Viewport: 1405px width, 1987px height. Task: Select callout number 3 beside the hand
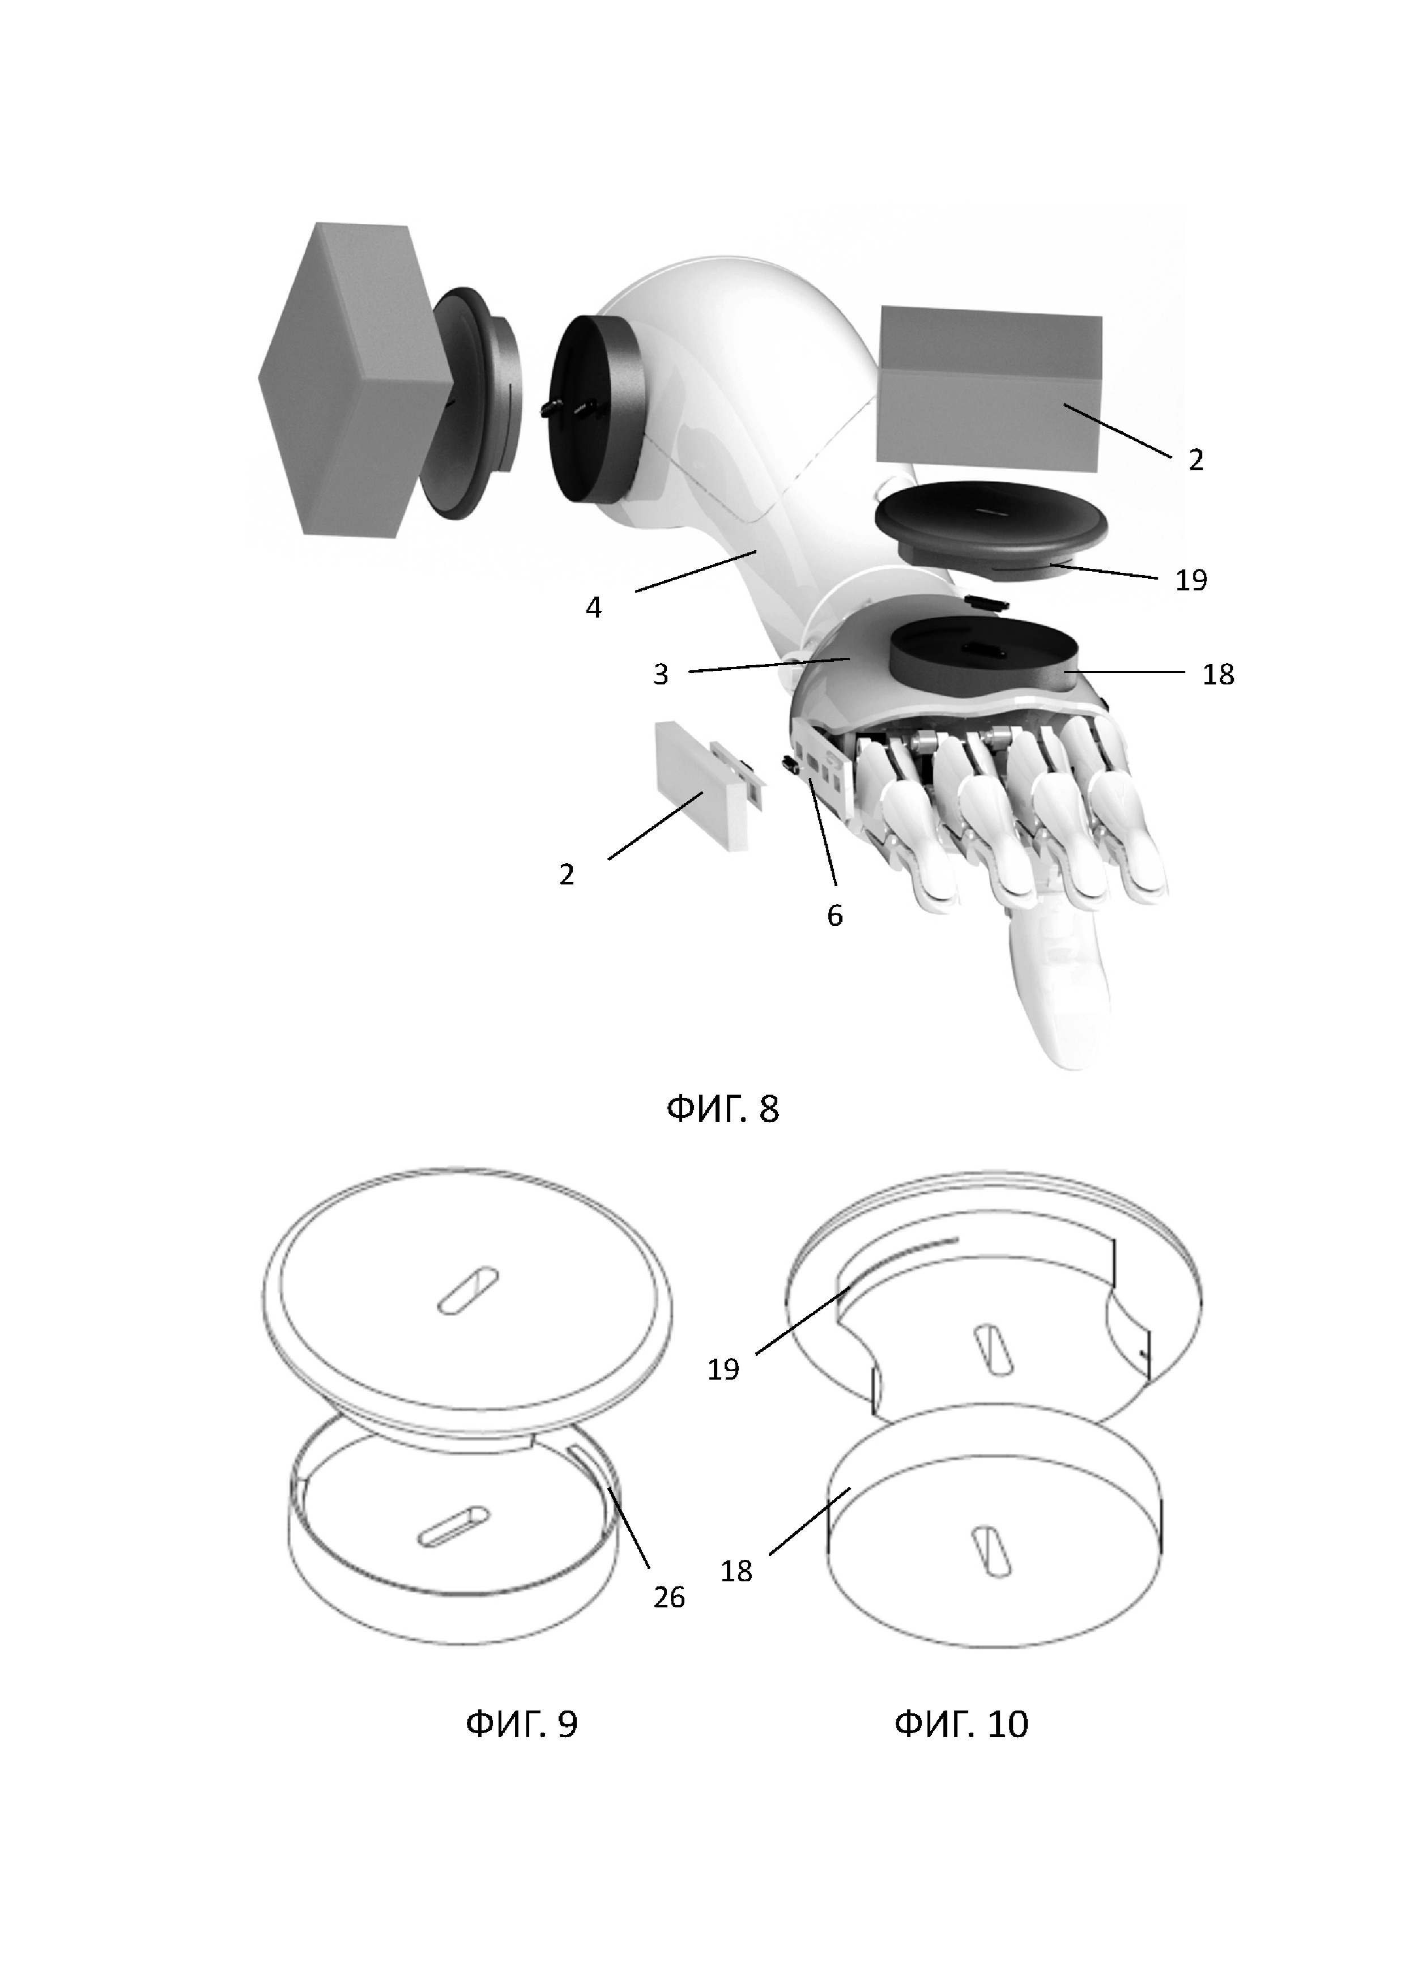661,674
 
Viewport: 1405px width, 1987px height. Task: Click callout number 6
834,915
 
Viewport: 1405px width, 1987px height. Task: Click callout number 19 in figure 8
1190,579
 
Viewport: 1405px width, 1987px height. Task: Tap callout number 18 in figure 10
736,1571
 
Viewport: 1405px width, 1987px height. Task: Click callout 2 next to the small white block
567,874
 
